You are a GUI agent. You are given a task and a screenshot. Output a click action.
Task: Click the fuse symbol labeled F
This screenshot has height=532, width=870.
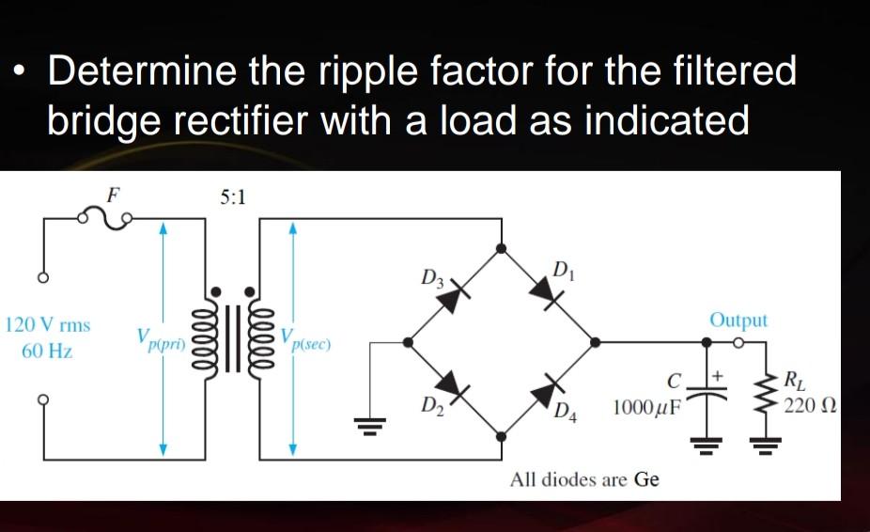pos(112,220)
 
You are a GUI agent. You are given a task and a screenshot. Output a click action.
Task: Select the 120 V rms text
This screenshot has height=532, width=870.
pos(48,325)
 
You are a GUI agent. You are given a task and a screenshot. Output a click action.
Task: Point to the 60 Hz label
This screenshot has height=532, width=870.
pos(48,352)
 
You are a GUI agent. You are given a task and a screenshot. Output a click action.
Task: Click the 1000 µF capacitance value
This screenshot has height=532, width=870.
pos(647,409)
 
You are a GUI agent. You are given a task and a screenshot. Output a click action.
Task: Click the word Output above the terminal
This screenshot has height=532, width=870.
pos(738,321)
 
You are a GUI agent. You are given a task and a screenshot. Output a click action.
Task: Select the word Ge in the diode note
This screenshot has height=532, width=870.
pos(646,479)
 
